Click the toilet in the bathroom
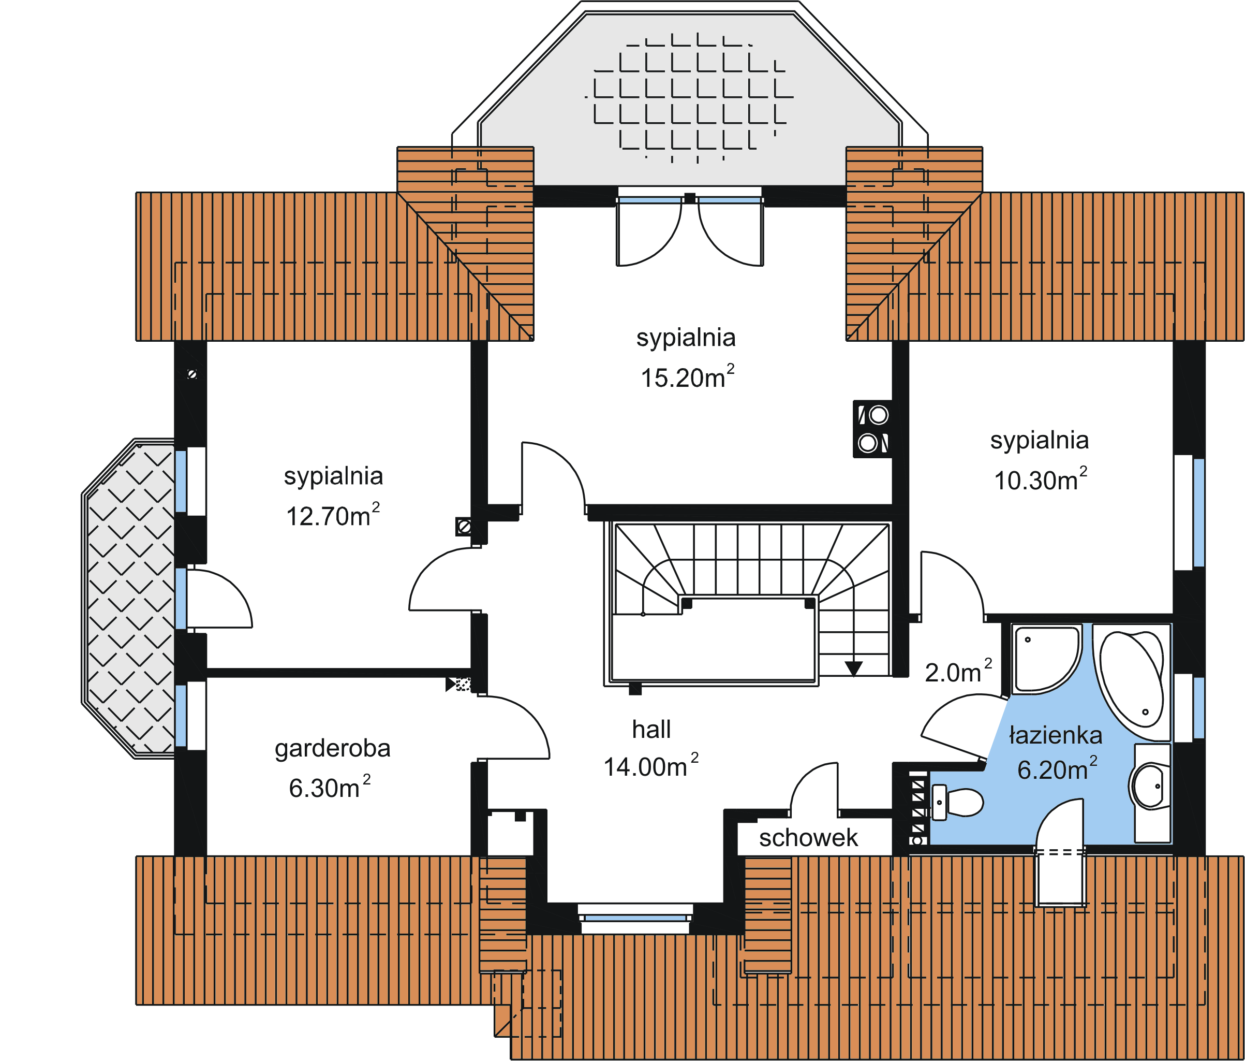tap(959, 802)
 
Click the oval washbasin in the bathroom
tap(1150, 786)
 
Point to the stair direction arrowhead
tap(854, 668)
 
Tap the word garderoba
tap(332, 748)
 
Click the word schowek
tap(808, 838)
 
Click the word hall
tap(651, 730)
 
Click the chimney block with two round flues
tap(872, 429)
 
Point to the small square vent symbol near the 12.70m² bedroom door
tap(463, 527)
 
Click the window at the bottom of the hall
tap(635, 918)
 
